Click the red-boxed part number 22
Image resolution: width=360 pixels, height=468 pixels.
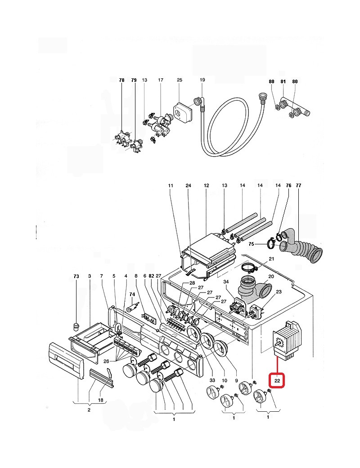[277, 381]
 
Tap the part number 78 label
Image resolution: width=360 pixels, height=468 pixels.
[121, 80]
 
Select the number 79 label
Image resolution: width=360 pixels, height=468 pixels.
[134, 80]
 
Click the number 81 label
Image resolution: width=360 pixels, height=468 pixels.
[283, 81]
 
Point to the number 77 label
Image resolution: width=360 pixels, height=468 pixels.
[298, 185]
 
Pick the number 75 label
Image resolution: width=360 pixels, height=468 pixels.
[252, 244]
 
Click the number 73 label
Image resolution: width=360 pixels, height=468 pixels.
[76, 276]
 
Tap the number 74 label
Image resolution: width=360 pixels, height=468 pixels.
[132, 294]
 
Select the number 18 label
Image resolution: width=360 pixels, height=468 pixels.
[101, 400]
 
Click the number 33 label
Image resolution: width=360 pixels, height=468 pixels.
[212, 380]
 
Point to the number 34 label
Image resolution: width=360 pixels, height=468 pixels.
[226, 282]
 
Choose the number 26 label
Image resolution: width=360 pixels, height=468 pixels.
[106, 361]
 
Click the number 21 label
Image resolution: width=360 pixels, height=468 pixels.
[271, 259]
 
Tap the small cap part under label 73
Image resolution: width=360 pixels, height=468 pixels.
[76, 327]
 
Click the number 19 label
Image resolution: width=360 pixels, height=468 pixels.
[202, 80]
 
